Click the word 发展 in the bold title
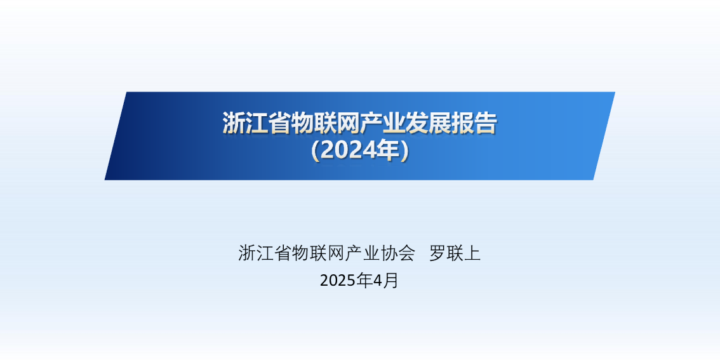(428, 123)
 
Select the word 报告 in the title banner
(474, 123)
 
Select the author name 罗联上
(455, 253)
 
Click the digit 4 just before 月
(377, 281)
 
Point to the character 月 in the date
(390, 281)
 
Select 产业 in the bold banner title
(382, 123)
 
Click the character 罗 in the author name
(437, 253)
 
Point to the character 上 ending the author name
(472, 253)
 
